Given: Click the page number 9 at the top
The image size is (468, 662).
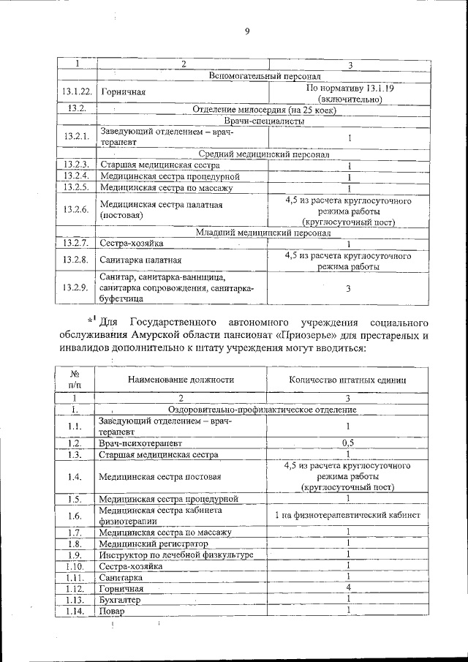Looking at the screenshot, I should (247, 31).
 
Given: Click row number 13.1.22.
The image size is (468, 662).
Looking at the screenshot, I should (76, 92).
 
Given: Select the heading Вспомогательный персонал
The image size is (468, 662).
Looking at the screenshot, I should (265, 75).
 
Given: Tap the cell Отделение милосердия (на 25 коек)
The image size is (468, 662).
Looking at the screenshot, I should (263, 108).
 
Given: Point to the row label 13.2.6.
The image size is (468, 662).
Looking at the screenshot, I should (75, 210).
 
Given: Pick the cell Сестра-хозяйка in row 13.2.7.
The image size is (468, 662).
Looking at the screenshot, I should (132, 244).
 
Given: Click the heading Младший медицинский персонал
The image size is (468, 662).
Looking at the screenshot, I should (264, 233).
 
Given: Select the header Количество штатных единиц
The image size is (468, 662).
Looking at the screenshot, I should (348, 380).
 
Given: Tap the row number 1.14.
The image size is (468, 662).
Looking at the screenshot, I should (75, 611).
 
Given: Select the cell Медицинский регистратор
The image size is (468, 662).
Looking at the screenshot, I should (154, 543).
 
